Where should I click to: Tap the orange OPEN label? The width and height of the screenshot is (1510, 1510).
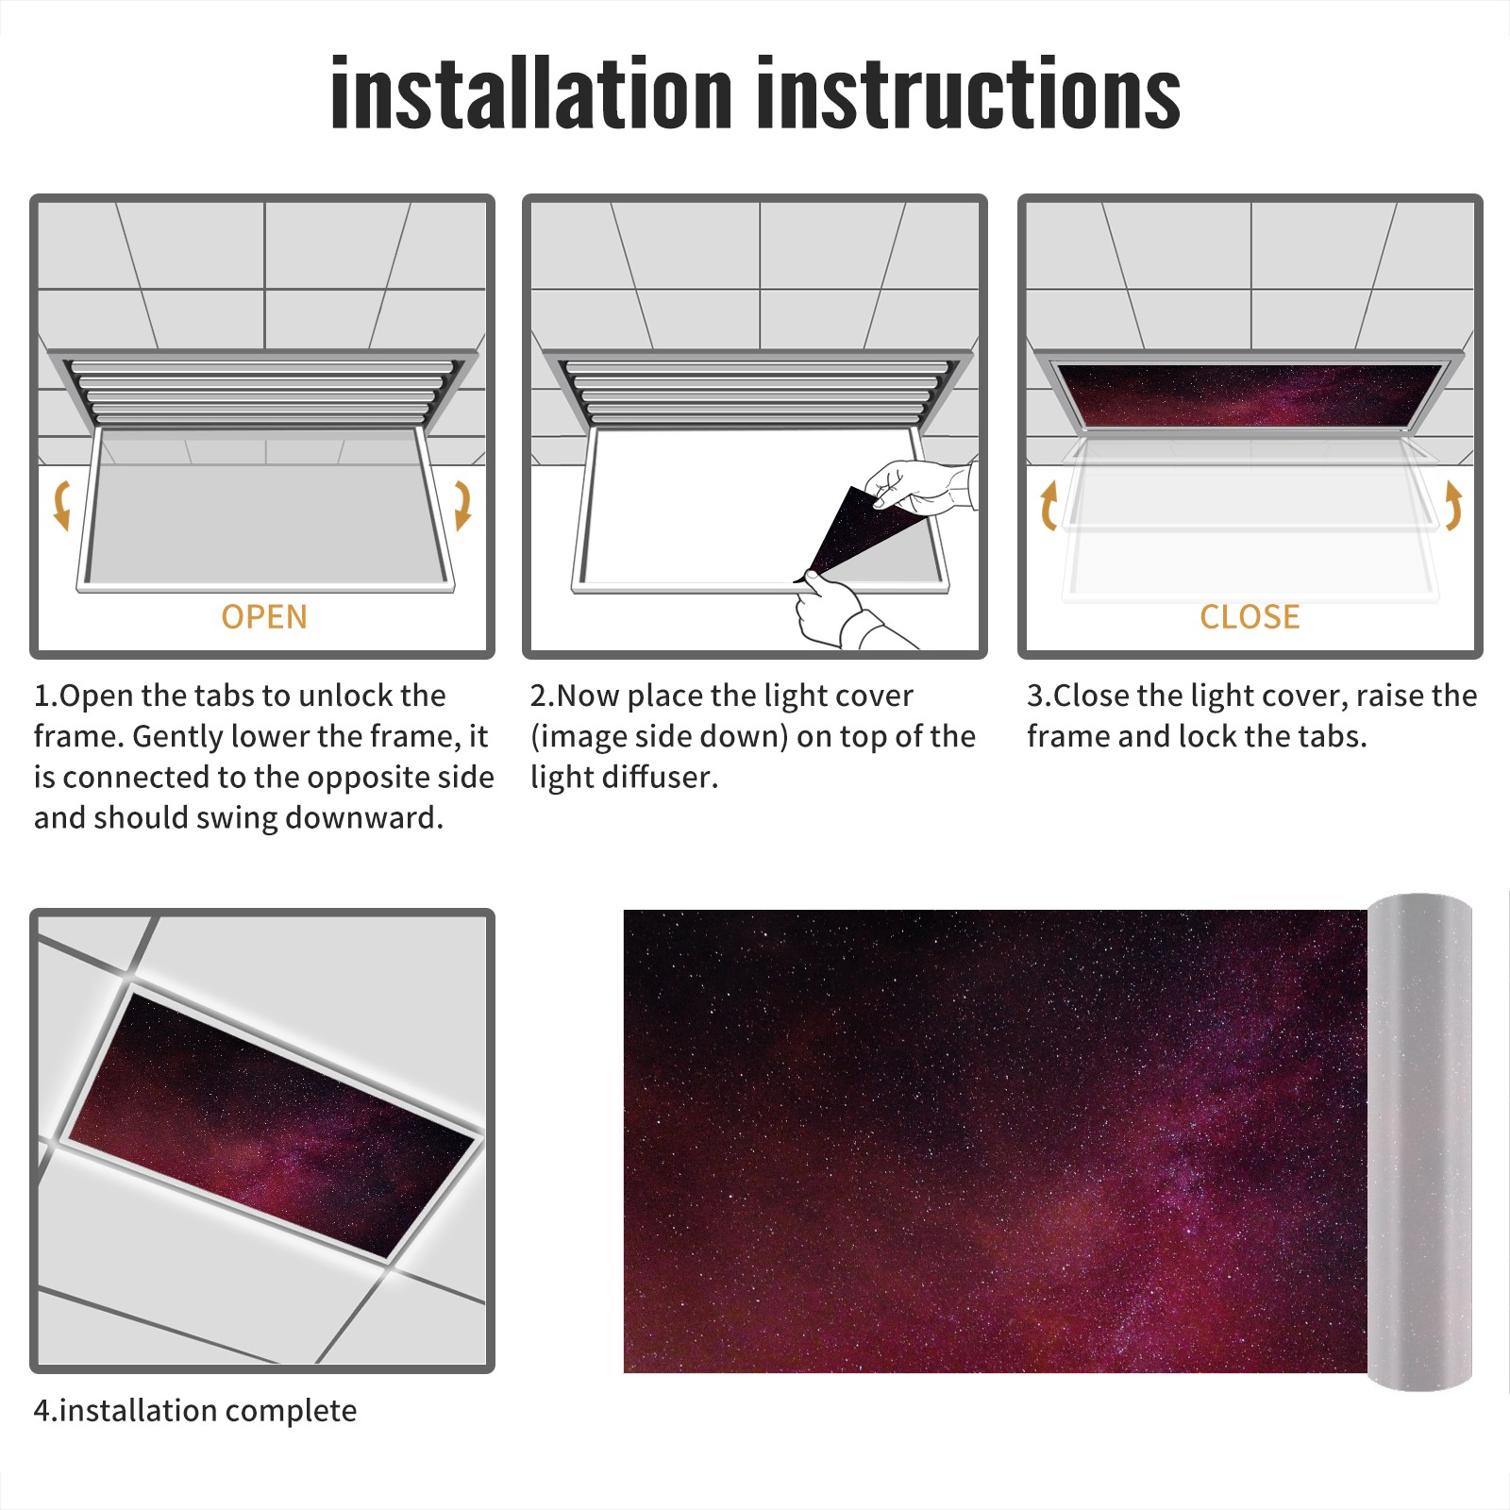[264, 616]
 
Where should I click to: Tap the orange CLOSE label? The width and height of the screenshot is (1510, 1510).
[1250, 616]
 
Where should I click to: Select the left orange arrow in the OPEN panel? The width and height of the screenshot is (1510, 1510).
[61, 505]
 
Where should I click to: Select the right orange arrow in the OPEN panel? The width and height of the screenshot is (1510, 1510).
[462, 505]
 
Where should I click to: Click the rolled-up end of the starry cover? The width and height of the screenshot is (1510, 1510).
[1420, 1142]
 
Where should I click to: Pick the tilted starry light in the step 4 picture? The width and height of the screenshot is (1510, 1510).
[271, 1125]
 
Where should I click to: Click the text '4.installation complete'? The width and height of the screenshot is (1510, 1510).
[195, 1411]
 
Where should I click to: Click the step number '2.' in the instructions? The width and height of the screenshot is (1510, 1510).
[543, 696]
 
